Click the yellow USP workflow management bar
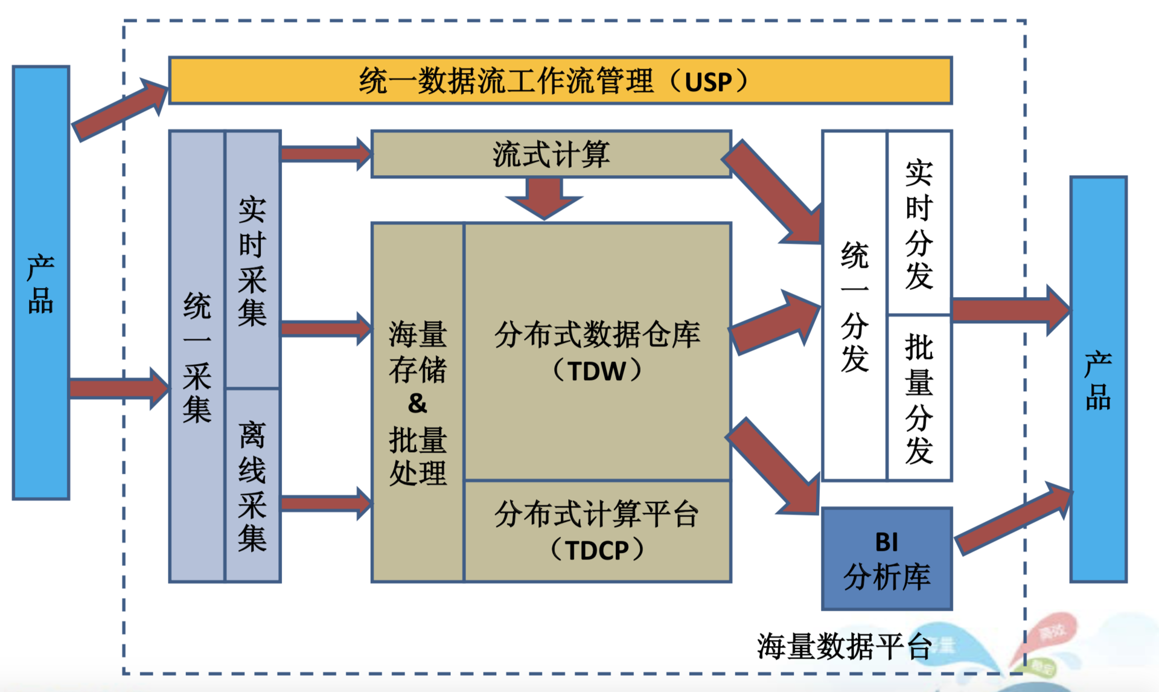pos(560,81)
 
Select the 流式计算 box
pos(551,155)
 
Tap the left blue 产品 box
pos(41,283)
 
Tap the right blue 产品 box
pos(1098,379)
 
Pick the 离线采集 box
pos(252,485)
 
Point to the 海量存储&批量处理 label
pos(418,403)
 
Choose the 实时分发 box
pos(919,223)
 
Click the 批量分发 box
pos(919,399)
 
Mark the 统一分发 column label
pos(855,307)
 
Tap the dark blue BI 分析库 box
pos(887,559)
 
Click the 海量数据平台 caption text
pos(844,646)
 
